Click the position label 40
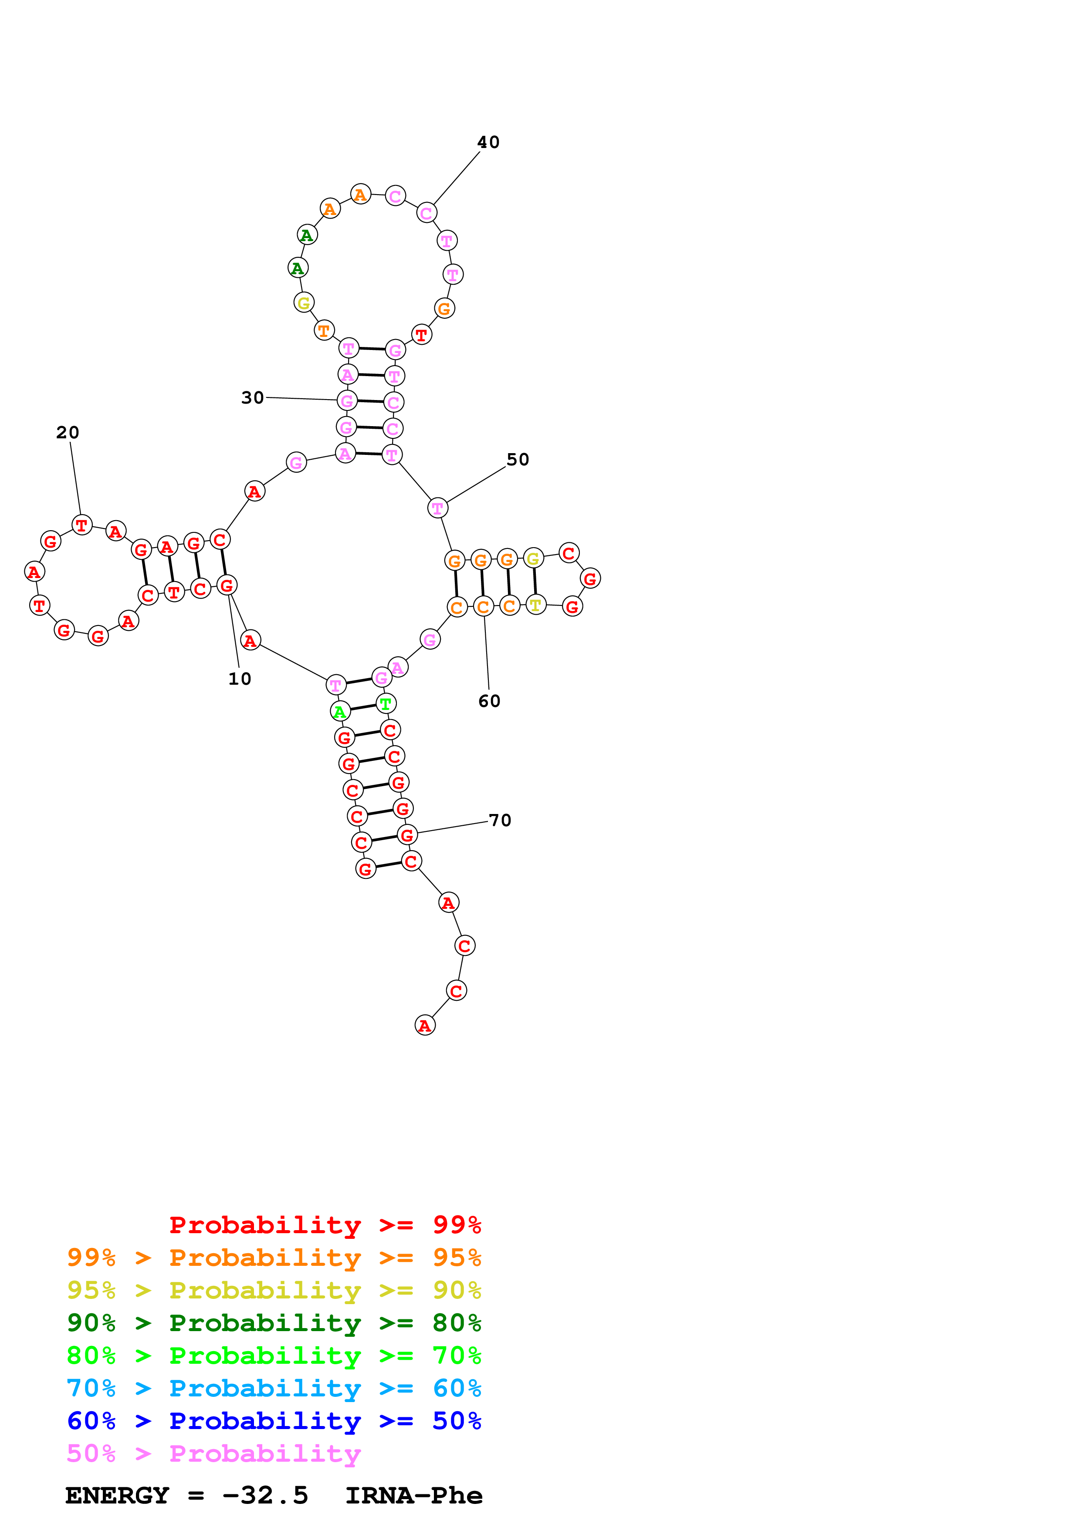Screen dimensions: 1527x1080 click(488, 142)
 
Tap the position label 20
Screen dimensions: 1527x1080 click(67, 433)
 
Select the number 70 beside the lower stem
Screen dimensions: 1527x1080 click(500, 820)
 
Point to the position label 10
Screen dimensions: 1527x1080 click(240, 679)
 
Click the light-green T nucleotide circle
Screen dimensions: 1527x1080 click(385, 703)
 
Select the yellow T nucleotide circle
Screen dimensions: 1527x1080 click(536, 605)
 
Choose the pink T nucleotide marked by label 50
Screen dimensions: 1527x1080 click(437, 508)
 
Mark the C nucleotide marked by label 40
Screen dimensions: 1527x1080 click(427, 213)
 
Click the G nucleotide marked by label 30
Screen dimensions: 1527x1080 click(347, 401)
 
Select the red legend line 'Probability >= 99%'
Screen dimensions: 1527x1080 click(325, 1224)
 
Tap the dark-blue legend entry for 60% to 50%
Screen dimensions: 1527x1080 click(274, 1421)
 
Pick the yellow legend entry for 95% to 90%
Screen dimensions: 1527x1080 click(274, 1290)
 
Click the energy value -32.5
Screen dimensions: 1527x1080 click(265, 1496)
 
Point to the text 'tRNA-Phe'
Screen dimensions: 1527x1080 click(413, 1496)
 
